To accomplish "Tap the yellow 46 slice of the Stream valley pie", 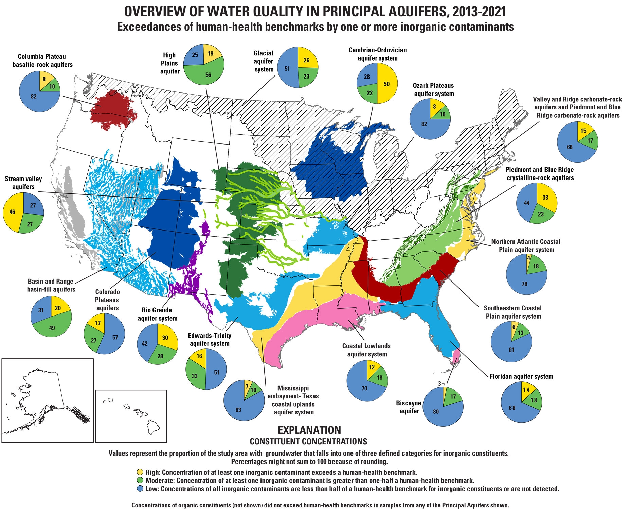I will [x=12, y=212].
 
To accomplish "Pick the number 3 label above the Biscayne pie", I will [x=439, y=384].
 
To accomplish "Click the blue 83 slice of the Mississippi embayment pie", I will [x=239, y=408].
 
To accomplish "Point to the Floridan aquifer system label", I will [x=521, y=376].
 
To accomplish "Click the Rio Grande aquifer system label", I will [x=157, y=314].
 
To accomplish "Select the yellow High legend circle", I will [x=140, y=472].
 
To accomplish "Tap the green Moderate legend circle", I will [x=140, y=480].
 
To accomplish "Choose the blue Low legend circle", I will [x=140, y=489].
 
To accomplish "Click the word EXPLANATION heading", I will [x=309, y=430].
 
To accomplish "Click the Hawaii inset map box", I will [x=131, y=416].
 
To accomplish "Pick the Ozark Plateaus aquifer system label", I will [x=433, y=89].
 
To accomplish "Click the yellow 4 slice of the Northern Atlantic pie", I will [x=528, y=259].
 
